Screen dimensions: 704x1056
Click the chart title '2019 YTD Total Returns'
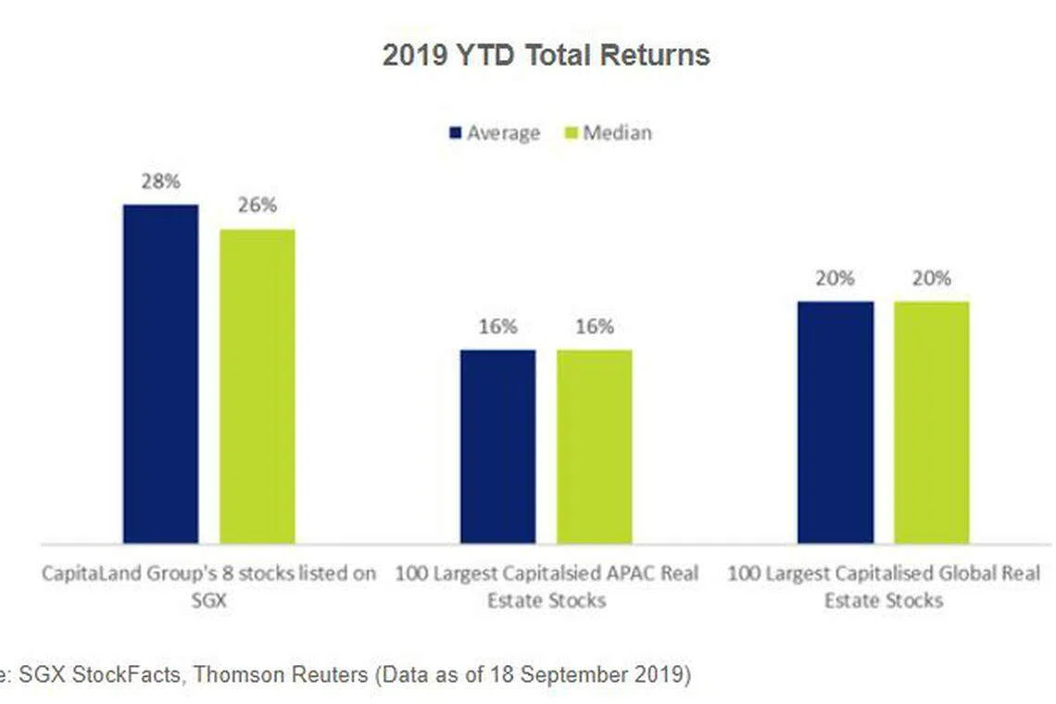546,56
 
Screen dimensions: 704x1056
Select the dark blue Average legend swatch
455,133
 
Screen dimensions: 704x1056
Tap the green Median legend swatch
572,133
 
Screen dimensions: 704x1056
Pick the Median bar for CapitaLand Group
257,385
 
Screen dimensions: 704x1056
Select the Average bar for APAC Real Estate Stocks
497,446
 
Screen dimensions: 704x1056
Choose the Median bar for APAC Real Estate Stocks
594,446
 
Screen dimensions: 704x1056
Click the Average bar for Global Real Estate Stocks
835,421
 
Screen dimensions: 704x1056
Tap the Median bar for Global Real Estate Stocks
931,421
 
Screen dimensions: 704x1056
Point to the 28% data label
160,182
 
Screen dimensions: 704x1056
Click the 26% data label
257,206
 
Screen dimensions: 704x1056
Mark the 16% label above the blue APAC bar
497,326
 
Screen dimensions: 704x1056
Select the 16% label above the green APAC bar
594,326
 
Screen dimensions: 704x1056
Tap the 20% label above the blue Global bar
835,278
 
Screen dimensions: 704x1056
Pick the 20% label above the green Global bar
931,278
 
